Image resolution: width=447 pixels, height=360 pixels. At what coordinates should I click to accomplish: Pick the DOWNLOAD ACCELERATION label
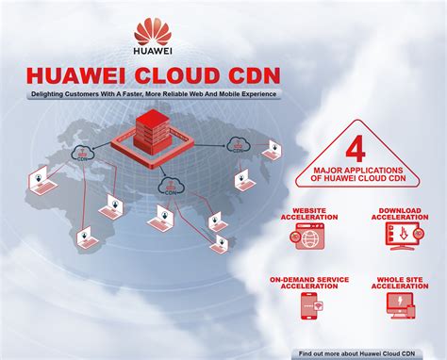pyautogui.click(x=399, y=216)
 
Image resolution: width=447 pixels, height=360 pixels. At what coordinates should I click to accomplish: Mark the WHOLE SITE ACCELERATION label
pyautogui.click(x=399, y=285)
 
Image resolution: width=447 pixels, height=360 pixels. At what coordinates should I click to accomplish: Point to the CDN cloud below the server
pyautogui.click(x=172, y=185)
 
